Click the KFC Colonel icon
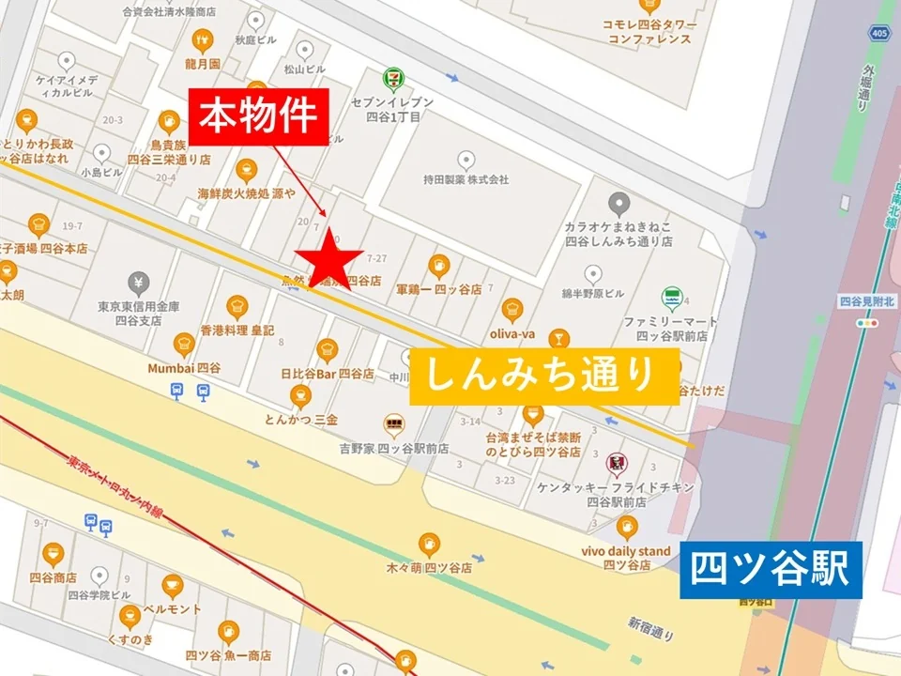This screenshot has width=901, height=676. [616, 462]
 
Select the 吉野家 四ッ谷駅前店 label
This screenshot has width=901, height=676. [394, 449]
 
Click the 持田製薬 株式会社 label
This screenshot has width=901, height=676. [466, 178]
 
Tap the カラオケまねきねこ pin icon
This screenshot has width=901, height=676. [618, 203]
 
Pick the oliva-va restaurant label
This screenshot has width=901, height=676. [512, 331]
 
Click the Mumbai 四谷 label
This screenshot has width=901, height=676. [184, 369]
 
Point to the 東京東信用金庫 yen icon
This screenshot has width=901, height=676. [139, 281]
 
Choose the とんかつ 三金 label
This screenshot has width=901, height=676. [301, 420]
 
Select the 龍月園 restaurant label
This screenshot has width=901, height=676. [202, 64]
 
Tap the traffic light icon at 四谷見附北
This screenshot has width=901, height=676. [864, 322]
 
